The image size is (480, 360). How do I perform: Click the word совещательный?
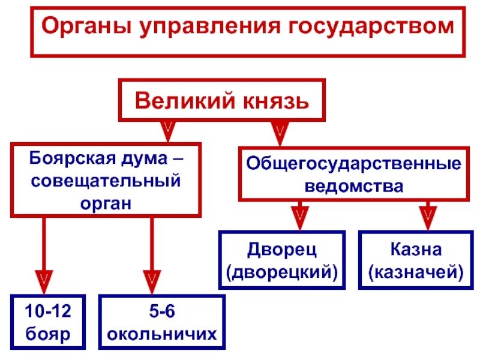(x=106, y=181)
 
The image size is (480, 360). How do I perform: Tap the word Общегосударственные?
(x=353, y=164)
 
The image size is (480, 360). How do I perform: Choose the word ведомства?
(x=353, y=185)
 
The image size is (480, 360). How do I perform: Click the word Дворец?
(x=282, y=250)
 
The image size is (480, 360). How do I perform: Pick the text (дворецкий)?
(x=282, y=271)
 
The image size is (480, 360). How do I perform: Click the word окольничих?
(x=162, y=334)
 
